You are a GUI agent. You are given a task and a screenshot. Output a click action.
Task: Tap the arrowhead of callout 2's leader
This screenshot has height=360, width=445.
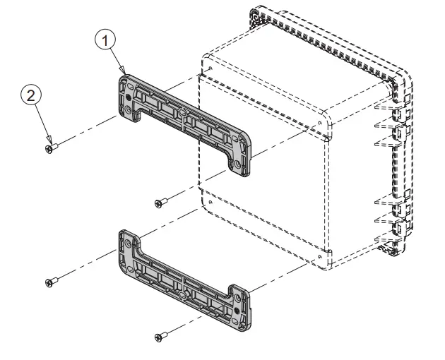coord(50,142)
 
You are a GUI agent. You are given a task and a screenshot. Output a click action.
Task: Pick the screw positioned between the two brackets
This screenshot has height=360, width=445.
coord(162,203)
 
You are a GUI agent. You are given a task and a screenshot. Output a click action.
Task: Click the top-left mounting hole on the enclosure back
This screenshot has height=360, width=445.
coord(211,68)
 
